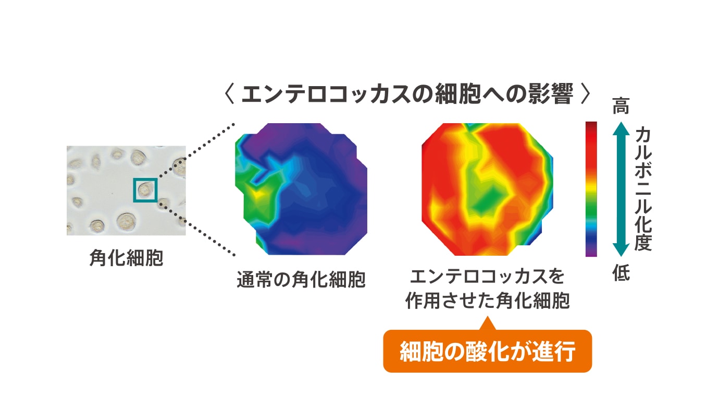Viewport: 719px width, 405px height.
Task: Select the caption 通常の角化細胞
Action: pos(301,279)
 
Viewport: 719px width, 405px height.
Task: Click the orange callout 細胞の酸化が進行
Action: pos(487,351)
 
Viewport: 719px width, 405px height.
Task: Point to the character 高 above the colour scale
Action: pos(621,106)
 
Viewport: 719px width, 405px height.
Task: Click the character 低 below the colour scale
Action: pos(621,273)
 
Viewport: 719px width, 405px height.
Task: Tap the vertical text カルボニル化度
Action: pos(643,189)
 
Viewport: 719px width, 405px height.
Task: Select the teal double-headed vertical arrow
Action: pos(621,189)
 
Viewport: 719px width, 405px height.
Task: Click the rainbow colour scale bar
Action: pos(591,189)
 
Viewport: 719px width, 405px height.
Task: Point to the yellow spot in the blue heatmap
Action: pos(258,194)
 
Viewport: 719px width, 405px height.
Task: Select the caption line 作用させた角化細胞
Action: pos(487,301)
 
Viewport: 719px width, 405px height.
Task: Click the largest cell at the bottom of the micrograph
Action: pos(126,222)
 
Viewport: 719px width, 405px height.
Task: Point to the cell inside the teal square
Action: pos(145,189)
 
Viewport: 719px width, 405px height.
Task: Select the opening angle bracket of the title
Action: pos(229,94)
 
